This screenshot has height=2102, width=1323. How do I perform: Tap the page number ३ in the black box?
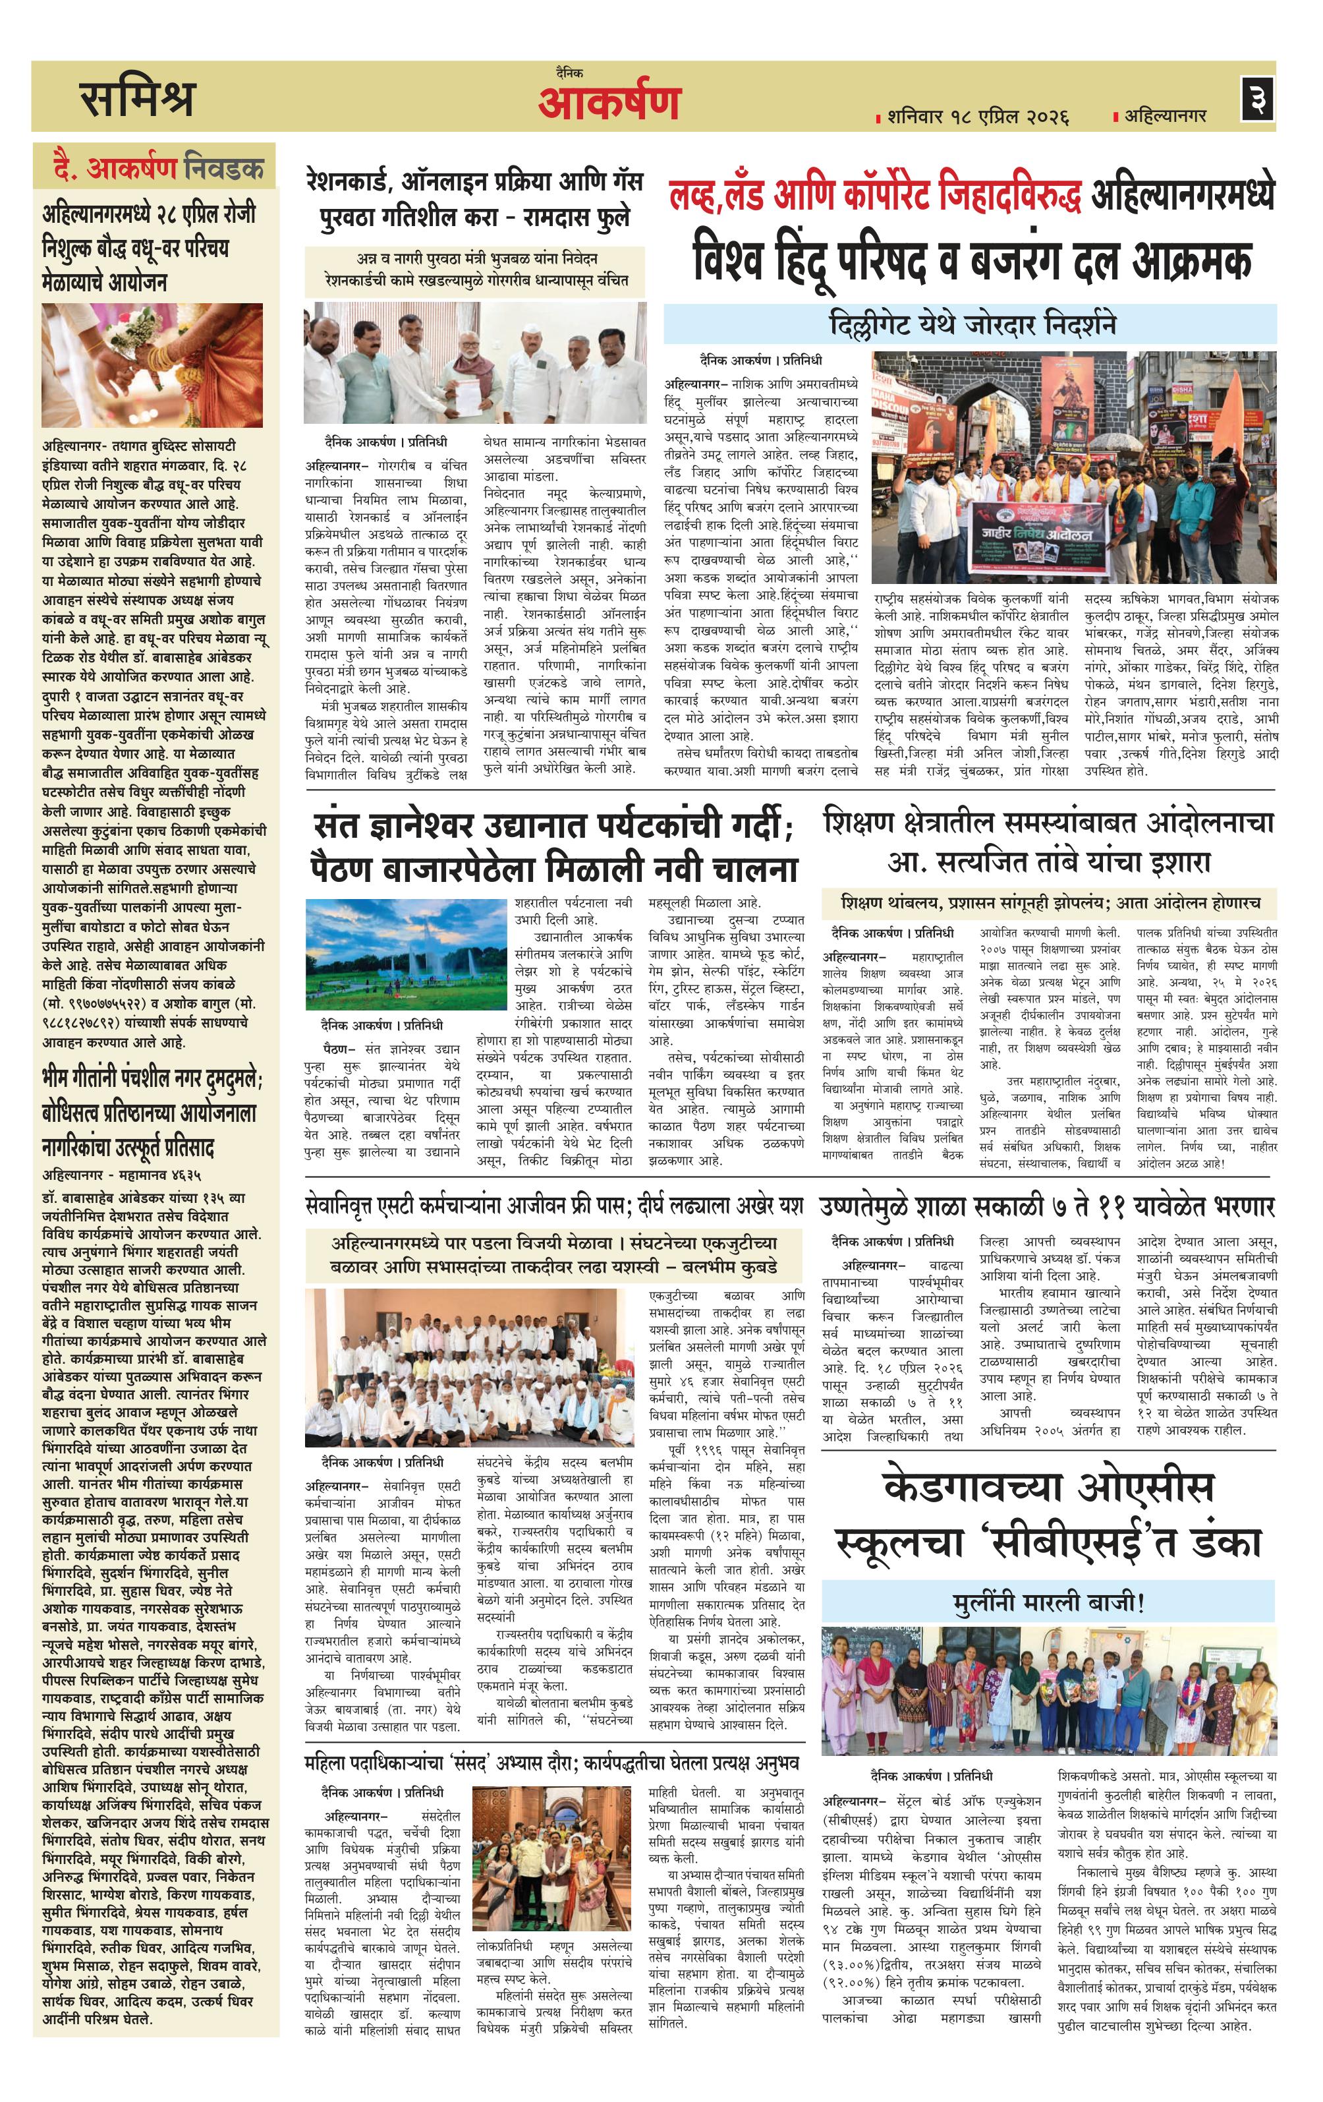[1258, 98]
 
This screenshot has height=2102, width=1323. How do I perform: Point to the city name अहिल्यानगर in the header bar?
[1165, 115]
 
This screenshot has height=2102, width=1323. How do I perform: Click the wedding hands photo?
[152, 365]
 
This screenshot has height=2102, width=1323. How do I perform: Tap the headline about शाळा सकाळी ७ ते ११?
[1047, 1206]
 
